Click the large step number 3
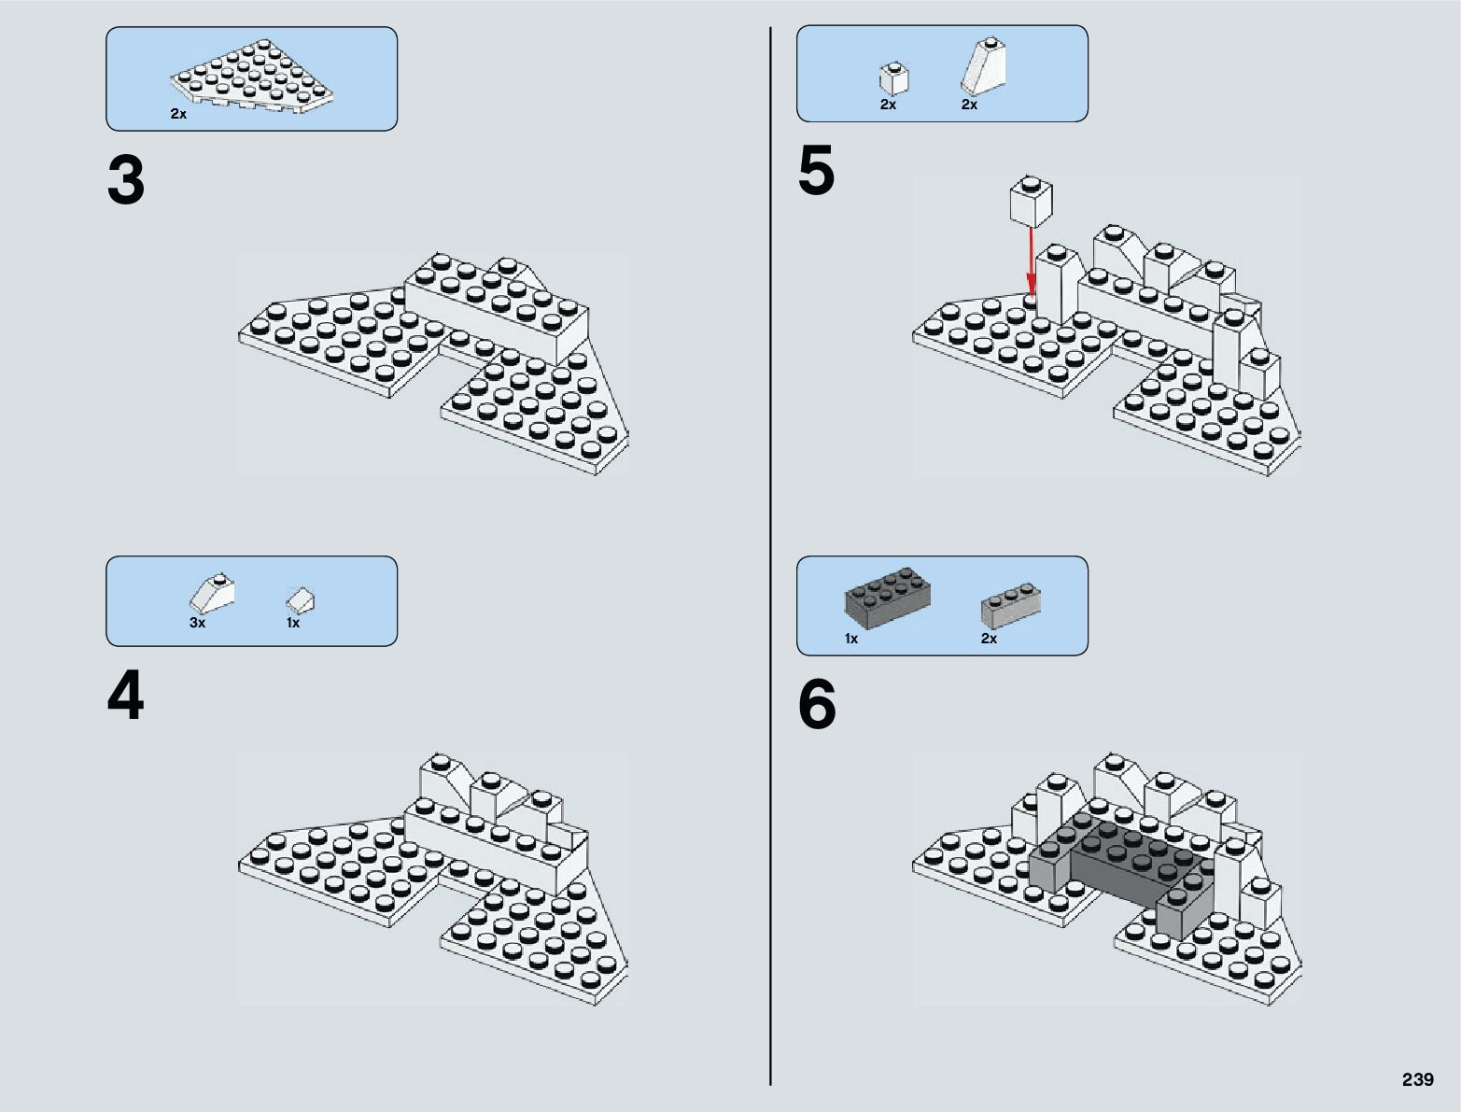(x=126, y=181)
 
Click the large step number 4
(x=126, y=698)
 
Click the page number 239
(x=1417, y=1079)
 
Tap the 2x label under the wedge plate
(x=178, y=114)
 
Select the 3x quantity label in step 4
(x=197, y=623)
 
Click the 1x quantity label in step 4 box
(x=293, y=623)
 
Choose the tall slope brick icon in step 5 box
(x=982, y=67)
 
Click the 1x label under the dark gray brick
(x=851, y=639)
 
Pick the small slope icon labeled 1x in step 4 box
(x=300, y=600)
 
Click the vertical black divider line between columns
(x=770, y=560)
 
